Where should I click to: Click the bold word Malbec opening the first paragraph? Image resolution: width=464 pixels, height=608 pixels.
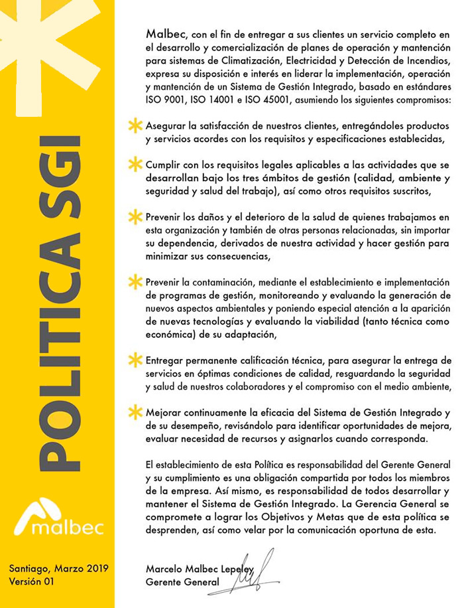click(x=166, y=33)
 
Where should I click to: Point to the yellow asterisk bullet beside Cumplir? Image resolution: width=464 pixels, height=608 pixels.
click(x=136, y=164)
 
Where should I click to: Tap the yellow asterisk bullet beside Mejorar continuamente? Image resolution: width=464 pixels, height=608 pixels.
click(x=136, y=412)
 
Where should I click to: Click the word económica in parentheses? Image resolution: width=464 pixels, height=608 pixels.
click(x=170, y=335)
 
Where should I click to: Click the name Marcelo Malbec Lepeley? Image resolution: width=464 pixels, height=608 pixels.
click(x=200, y=568)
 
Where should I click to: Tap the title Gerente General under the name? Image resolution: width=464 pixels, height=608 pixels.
click(x=182, y=582)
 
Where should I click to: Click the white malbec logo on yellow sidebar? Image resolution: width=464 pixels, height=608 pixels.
click(x=58, y=518)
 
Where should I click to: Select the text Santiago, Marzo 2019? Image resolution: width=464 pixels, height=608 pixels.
click(x=58, y=568)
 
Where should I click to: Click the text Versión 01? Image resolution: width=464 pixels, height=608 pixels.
click(x=32, y=581)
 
